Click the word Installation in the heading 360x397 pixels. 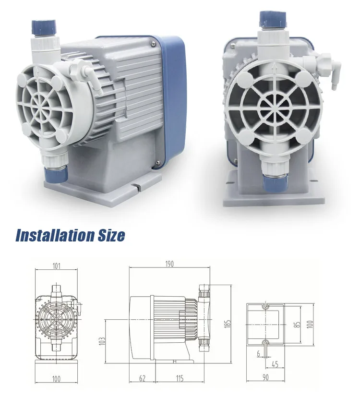click(54, 235)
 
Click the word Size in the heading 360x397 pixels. click(109, 235)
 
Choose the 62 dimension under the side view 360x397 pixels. click(142, 379)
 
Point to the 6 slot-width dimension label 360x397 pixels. click(257, 353)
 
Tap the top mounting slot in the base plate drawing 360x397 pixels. click(264, 305)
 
